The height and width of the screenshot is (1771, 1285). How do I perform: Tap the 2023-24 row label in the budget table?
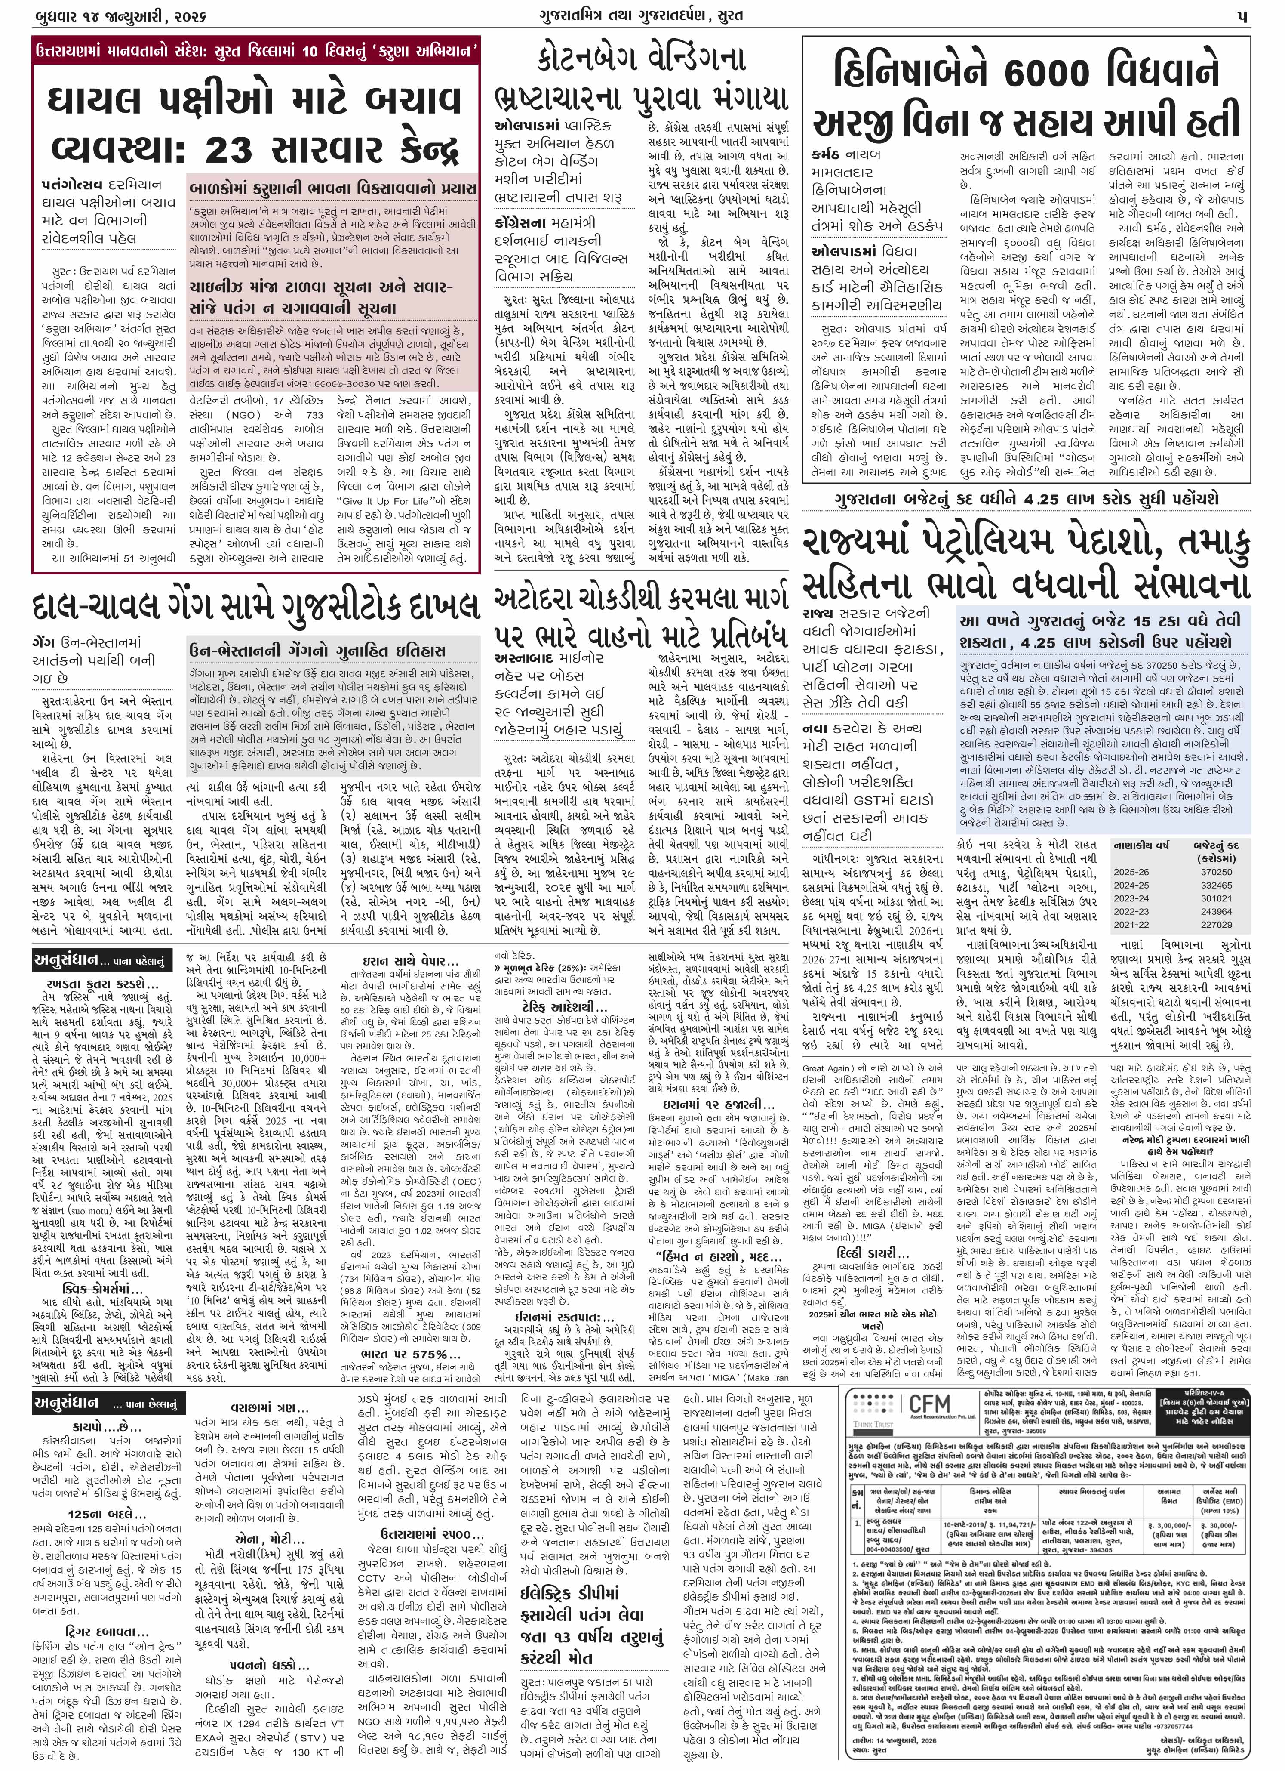point(1131,898)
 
